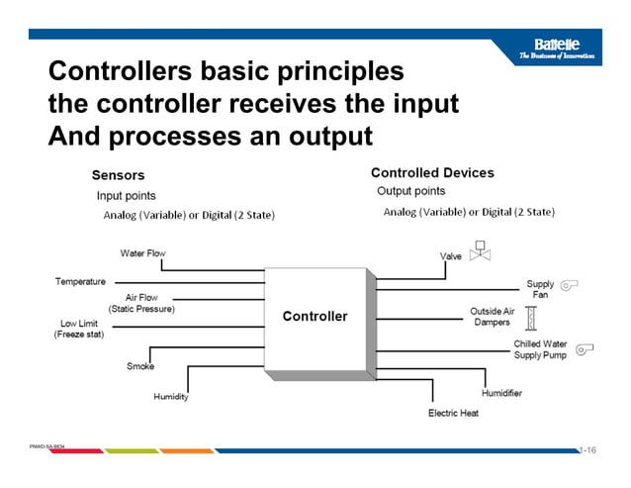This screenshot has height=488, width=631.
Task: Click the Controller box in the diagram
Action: tap(315, 317)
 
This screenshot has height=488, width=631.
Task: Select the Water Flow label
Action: tap(142, 253)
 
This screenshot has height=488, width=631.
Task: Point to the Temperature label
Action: tap(80, 282)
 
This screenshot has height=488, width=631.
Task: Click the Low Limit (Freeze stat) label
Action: tap(78, 329)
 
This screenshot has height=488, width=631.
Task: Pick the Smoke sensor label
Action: tap(139, 366)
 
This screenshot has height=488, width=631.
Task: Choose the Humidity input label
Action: tap(170, 397)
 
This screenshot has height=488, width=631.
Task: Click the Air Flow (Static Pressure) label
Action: tap(141, 303)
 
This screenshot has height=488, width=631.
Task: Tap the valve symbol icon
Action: tap(481, 250)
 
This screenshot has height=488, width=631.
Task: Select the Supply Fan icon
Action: tap(569, 286)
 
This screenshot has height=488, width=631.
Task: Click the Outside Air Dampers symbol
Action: tap(530, 318)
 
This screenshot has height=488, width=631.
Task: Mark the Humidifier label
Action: tap(501, 393)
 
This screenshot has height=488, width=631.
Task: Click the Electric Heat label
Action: tap(453, 413)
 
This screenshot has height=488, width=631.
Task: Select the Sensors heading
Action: tap(118, 175)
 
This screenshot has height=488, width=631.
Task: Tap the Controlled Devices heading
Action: tap(432, 173)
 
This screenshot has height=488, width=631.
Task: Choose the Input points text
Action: tap(126, 196)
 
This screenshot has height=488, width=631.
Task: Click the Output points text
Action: tap(411, 191)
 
